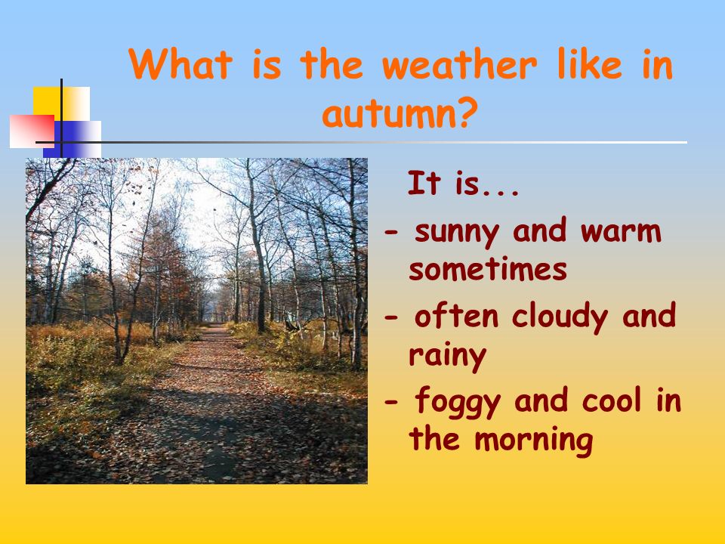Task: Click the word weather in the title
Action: tap(459, 64)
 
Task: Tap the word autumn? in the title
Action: tap(400, 114)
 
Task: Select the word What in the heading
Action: tap(180, 64)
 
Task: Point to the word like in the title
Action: tap(590, 64)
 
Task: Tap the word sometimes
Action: tap(488, 269)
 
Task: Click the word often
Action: tap(456, 315)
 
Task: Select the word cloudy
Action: tap(560, 317)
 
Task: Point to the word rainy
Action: tap(448, 356)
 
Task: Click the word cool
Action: tap(612, 400)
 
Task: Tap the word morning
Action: tap(534, 440)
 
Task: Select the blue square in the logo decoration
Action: tap(72, 139)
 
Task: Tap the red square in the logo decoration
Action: tap(32, 131)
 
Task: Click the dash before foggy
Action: tap(391, 402)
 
